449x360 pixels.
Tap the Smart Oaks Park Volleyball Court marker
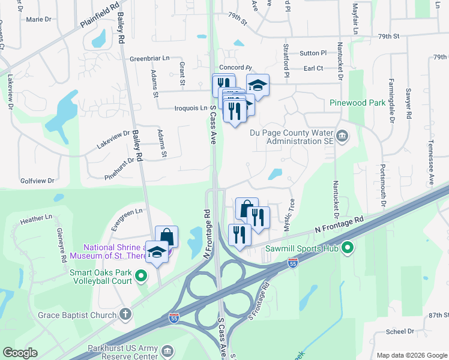coord(141,276)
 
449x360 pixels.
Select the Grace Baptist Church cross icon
coord(125,314)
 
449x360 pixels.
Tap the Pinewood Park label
coord(357,103)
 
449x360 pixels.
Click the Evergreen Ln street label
coord(127,211)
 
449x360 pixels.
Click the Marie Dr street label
coord(39,19)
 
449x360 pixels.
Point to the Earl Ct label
coord(313,68)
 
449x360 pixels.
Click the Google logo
coord(20,352)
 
